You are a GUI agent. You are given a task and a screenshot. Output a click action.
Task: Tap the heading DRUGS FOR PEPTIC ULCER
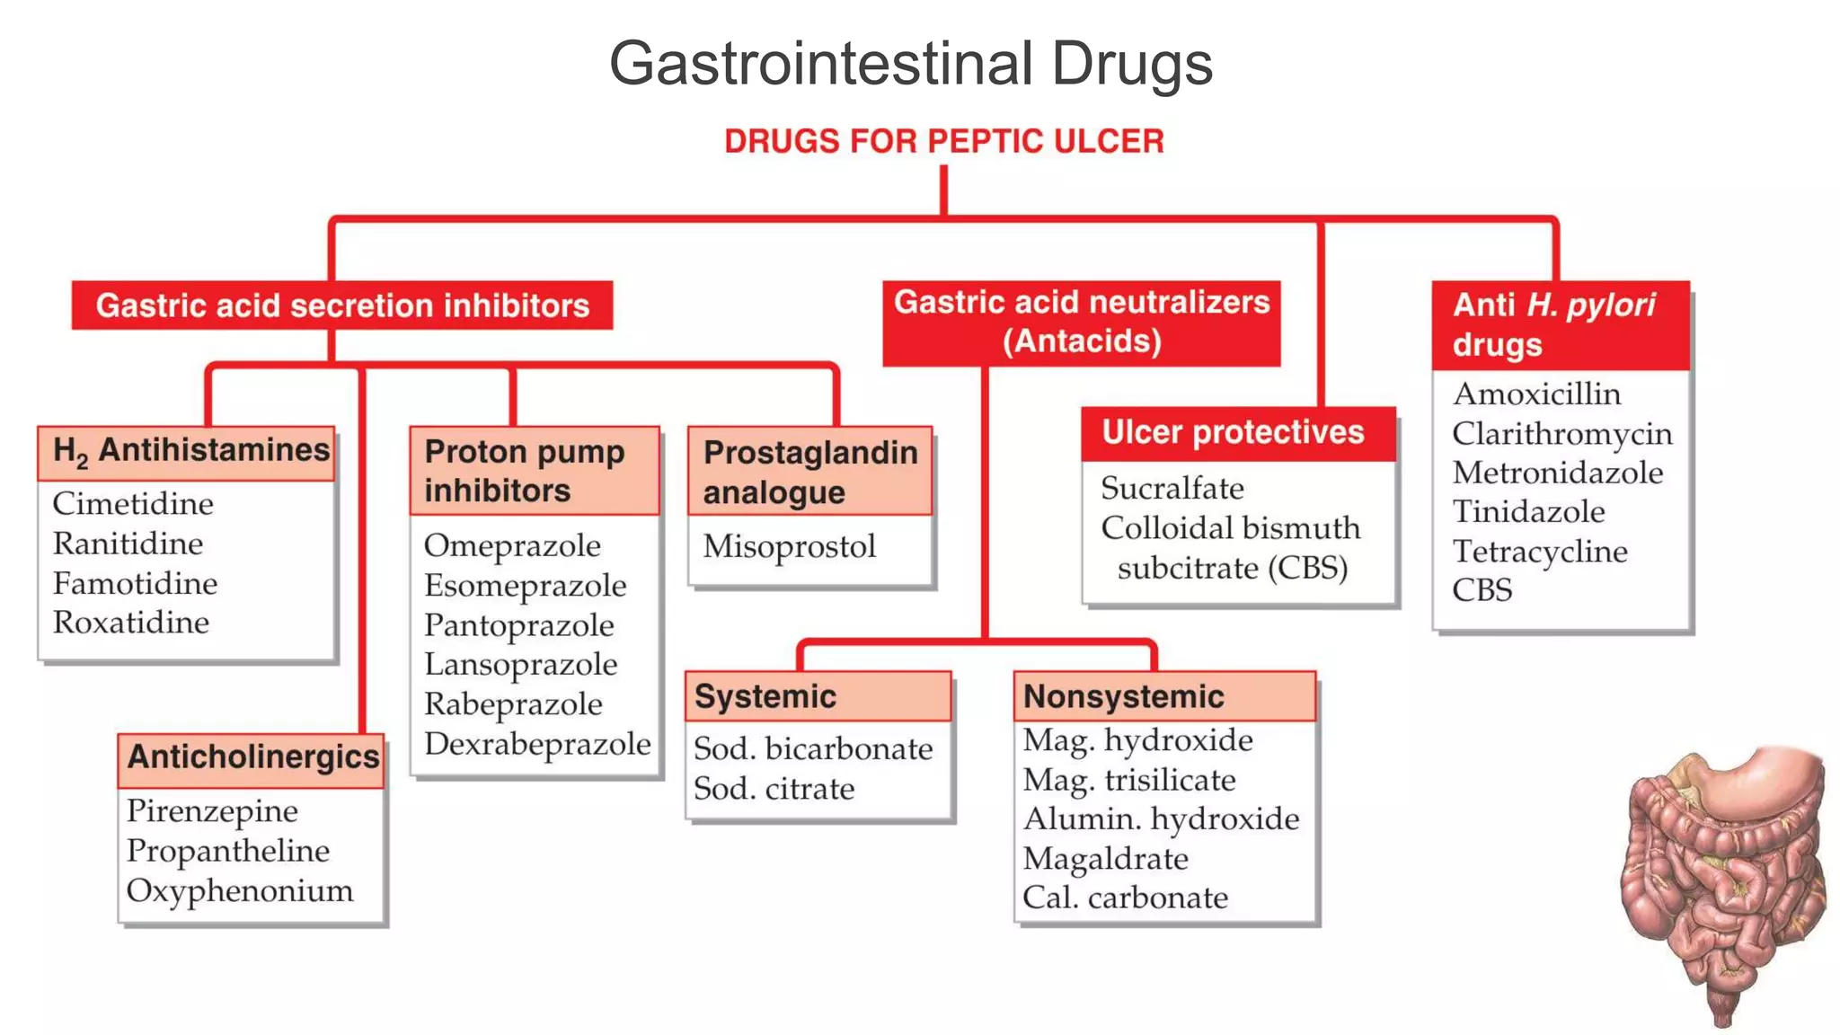(943, 141)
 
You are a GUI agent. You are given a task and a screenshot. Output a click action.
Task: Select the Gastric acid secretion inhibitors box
(342, 305)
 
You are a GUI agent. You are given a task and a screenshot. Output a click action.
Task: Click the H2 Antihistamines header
(187, 452)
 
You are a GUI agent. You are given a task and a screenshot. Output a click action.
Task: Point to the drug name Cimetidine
(133, 504)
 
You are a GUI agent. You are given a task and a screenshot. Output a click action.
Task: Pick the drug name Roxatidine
(131, 623)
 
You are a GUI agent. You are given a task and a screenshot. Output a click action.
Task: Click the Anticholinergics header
(252, 758)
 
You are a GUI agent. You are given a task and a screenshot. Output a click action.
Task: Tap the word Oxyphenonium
(240, 891)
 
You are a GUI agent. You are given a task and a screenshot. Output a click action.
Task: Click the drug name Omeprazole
(512, 546)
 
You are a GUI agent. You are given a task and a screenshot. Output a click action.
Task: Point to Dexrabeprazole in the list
(537, 744)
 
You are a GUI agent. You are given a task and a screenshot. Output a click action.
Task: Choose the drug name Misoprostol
(789, 546)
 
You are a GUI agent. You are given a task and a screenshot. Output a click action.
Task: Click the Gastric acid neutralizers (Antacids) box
(1081, 323)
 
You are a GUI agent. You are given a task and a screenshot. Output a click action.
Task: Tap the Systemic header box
(818, 696)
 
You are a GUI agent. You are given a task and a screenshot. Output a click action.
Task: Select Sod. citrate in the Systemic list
(774, 789)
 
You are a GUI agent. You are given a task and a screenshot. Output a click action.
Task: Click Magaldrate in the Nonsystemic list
(1105, 859)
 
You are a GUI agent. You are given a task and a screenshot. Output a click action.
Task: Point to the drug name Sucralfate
(1172, 489)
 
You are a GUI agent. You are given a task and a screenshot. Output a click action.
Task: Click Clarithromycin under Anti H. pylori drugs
(1561, 434)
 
